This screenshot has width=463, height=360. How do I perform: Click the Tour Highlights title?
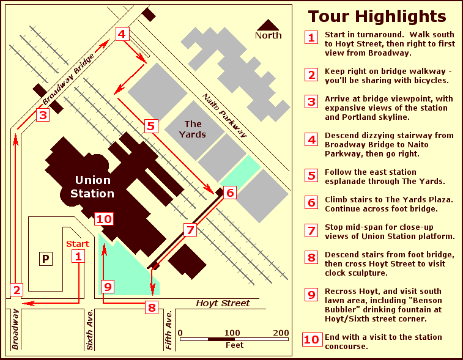point(376,16)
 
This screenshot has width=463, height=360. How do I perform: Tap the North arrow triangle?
point(267,26)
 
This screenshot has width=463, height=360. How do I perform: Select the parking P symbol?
point(45,259)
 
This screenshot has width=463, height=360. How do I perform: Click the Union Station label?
point(92,186)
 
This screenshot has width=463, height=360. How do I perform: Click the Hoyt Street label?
point(223,303)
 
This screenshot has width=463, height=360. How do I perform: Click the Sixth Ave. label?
point(90,331)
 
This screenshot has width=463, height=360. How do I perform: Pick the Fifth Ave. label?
point(169,331)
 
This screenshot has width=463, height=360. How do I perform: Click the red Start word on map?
point(78,244)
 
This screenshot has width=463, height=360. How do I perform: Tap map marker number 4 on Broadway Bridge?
point(122,34)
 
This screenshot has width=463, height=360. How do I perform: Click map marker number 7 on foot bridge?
point(190,230)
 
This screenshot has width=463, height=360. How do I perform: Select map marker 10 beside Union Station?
point(104,219)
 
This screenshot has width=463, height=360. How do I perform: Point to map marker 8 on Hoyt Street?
point(152,307)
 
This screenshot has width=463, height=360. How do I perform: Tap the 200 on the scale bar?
point(281,332)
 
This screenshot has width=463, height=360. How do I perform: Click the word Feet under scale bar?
point(234,345)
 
